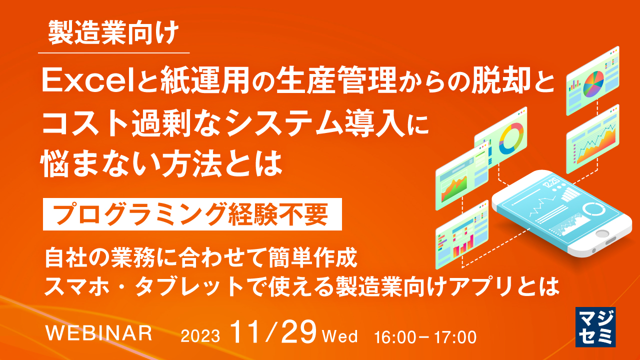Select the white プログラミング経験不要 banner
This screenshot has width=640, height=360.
coord(192,214)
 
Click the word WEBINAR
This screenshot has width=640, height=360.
coord(98,332)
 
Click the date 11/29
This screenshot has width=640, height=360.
coord(273,332)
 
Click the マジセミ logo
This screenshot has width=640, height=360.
coord(595,326)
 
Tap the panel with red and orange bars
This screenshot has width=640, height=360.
coord(461,238)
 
